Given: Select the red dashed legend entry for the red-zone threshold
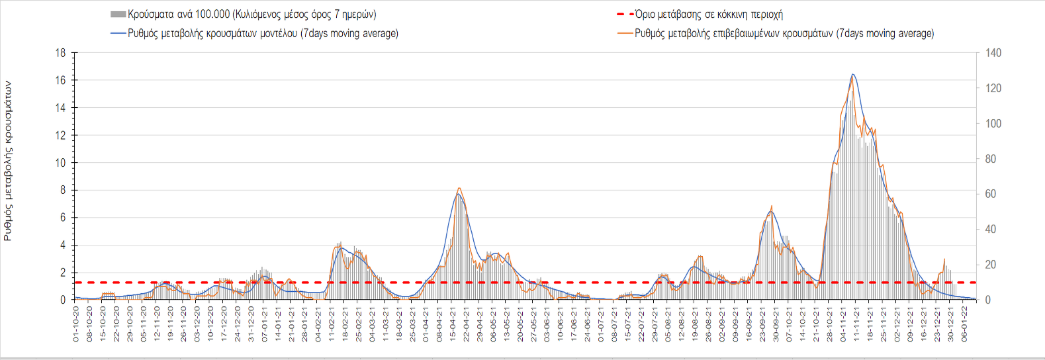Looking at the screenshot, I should (708, 14).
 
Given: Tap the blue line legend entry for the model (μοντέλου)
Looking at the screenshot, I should (263, 33).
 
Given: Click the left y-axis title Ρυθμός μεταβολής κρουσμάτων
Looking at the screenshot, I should (8, 161).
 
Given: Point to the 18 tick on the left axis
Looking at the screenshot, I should (61, 53).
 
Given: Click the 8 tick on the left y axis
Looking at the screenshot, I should (63, 190).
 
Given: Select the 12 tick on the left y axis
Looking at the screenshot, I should (61, 135).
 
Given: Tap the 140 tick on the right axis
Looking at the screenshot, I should (993, 53).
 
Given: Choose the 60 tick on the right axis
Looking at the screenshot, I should (991, 194).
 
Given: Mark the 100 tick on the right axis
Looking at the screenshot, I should (993, 124).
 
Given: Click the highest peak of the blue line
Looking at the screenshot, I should (853, 74).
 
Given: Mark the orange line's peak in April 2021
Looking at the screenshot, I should (459, 188).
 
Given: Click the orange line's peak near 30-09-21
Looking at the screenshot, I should (772, 206).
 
